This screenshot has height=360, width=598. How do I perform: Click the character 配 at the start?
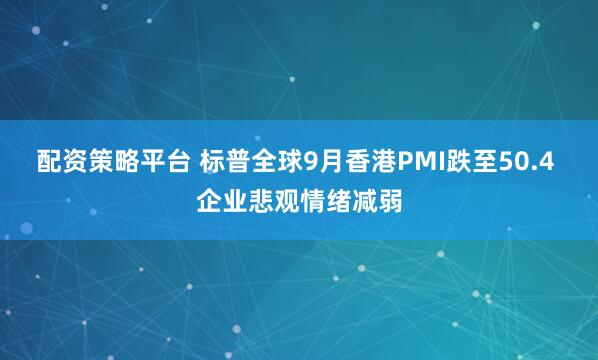point(48,160)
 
